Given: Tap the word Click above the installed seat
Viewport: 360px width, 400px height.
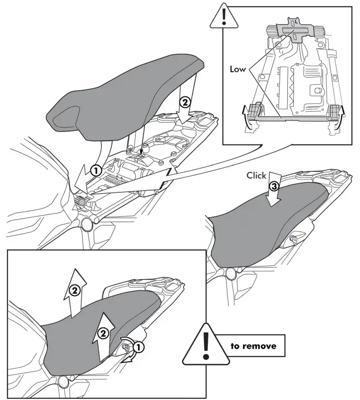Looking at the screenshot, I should [x=256, y=176].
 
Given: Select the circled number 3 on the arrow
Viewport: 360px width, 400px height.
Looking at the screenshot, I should [x=274, y=187].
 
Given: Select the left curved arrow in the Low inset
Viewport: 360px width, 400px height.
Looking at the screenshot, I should [x=245, y=117].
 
